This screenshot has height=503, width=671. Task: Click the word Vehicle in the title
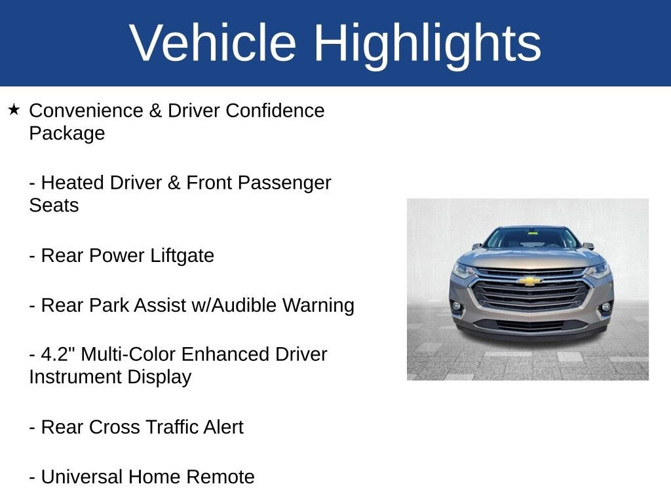tap(213, 43)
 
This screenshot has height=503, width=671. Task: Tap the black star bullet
tap(14, 109)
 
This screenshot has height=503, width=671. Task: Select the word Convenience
tap(86, 110)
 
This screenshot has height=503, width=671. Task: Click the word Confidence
tap(275, 110)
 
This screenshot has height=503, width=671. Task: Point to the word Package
tap(67, 134)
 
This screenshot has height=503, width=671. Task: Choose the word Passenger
tap(284, 184)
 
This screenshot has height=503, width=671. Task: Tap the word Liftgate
tap(182, 256)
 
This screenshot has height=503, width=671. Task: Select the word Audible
tap(244, 305)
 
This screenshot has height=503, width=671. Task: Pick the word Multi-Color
tap(128, 354)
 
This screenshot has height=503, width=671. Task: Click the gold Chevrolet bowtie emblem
tap(529, 281)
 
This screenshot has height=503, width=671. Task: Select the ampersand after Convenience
tap(155, 110)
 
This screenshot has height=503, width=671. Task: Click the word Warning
tap(318, 307)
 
